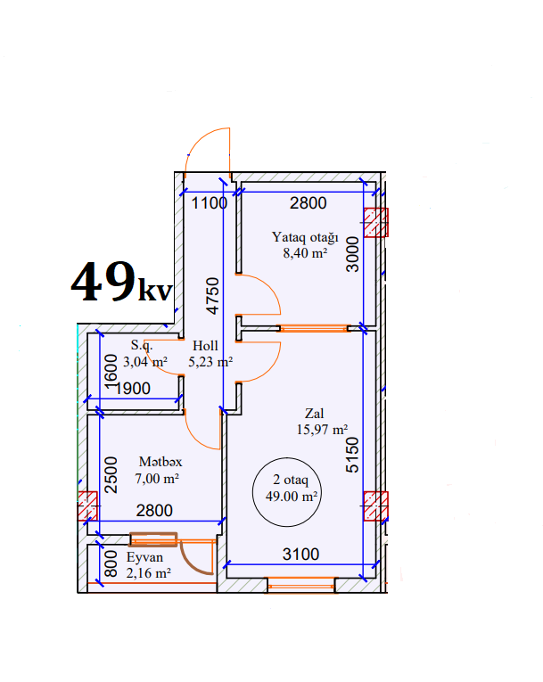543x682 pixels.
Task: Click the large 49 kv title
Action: coord(122,282)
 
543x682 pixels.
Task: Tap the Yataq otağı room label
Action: coord(305,237)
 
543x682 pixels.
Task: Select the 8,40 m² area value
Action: coord(305,252)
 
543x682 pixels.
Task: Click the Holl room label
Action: coord(205,346)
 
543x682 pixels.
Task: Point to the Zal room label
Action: coord(314,413)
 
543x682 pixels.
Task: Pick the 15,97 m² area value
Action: coord(322,430)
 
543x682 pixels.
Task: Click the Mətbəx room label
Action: coord(160,462)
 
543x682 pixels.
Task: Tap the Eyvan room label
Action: coord(144,557)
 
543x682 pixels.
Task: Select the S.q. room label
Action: coord(142,345)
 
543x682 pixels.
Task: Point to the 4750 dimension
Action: coord(213,296)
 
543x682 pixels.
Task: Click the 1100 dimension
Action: coord(210,203)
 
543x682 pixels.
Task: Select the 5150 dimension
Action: coord(352,455)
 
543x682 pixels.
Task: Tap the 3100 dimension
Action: coord(300,555)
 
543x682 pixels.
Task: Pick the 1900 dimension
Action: coord(133,389)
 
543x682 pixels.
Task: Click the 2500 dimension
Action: coord(111,475)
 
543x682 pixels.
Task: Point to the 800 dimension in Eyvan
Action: coord(111,563)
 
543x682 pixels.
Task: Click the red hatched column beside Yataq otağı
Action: coord(375,223)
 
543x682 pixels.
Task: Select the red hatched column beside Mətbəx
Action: coord(87,505)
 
